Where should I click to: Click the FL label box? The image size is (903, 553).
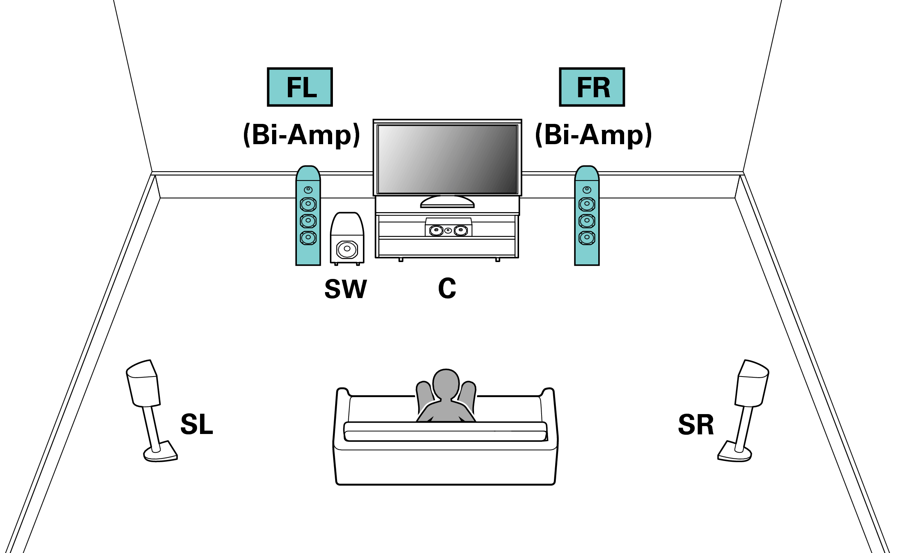click(299, 87)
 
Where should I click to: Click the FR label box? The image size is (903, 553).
click(592, 87)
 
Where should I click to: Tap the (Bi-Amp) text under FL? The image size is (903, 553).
click(301, 134)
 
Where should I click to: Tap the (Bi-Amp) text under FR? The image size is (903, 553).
click(593, 134)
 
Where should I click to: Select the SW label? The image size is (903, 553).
click(345, 289)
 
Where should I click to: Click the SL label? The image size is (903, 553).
click(197, 425)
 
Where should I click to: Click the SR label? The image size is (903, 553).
click(696, 425)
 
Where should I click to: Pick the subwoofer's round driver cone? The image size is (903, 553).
click(347, 249)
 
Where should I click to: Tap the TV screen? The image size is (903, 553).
click(447, 159)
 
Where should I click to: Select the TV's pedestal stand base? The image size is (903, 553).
click(447, 203)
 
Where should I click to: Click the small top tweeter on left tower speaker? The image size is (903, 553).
click(308, 190)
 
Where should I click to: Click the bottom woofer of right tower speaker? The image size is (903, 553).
click(587, 238)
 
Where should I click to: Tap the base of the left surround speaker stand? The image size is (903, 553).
click(161, 453)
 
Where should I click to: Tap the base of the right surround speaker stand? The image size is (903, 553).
click(734, 453)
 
